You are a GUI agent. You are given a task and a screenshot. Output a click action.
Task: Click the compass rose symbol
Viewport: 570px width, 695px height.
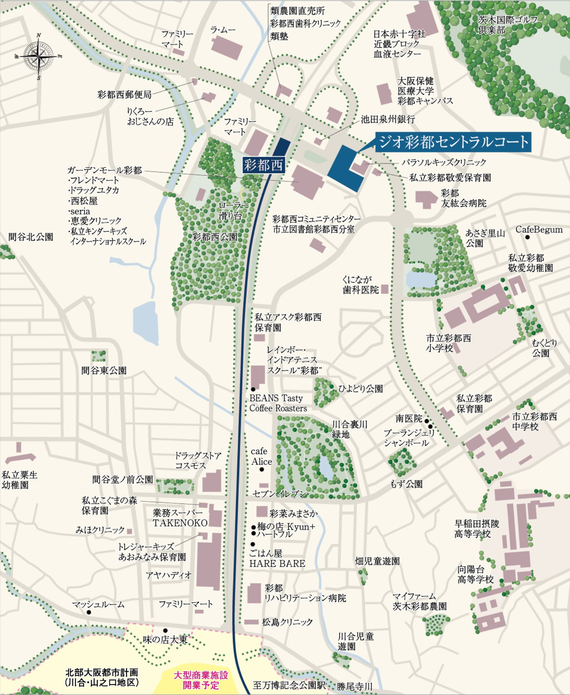(x=39, y=56)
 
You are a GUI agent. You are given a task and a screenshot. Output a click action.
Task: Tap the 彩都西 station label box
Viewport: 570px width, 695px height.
(x=263, y=165)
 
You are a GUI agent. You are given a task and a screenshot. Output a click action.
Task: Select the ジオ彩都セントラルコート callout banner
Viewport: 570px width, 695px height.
(x=453, y=142)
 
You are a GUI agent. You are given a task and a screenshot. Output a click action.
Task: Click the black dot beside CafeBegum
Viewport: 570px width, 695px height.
(x=528, y=237)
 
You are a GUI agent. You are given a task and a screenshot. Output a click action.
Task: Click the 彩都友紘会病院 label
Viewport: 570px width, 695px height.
(x=463, y=198)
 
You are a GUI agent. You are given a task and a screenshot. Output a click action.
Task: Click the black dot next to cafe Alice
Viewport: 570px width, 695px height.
(x=262, y=469)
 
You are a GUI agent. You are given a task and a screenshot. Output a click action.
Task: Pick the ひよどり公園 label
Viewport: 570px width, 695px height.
(x=360, y=389)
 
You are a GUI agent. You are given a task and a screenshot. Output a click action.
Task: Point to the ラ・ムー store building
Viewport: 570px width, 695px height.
(x=227, y=47)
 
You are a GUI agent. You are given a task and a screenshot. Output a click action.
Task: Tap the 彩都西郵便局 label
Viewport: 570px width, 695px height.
(x=124, y=95)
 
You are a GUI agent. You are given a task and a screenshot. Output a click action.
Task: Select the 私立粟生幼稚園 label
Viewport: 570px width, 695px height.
(x=19, y=480)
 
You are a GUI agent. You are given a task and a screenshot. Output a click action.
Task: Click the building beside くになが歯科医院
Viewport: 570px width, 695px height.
(x=384, y=289)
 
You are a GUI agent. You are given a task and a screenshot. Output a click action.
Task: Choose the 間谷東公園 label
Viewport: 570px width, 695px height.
(x=104, y=370)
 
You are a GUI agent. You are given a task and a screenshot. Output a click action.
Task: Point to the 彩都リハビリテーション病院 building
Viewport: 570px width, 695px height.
(x=254, y=593)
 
